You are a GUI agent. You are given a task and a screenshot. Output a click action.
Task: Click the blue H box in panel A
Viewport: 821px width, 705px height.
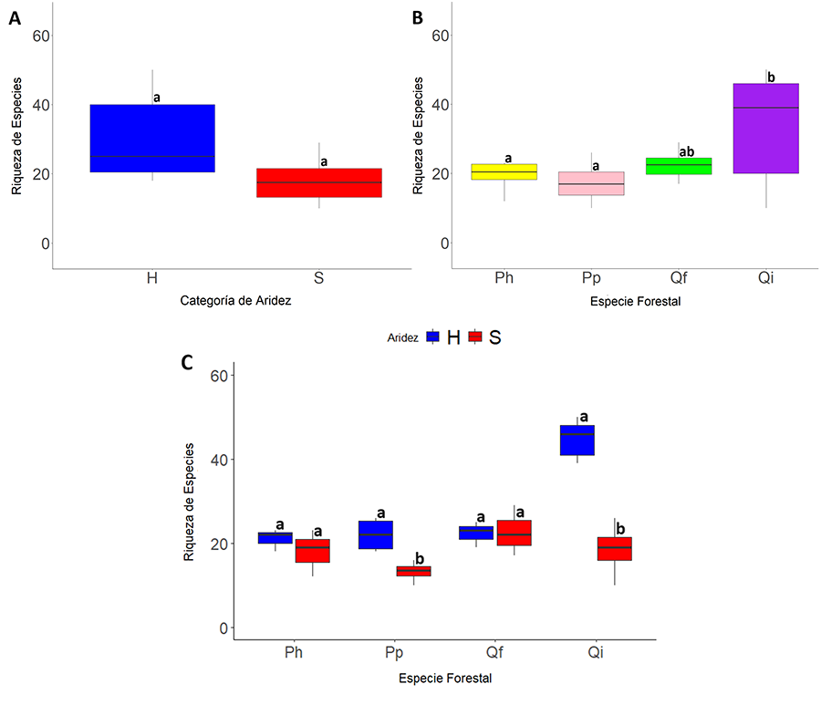coord(151,138)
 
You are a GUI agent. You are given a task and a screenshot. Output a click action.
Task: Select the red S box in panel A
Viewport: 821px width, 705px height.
coord(319,182)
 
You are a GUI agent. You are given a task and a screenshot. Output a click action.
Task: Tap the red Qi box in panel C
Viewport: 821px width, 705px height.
coord(615,548)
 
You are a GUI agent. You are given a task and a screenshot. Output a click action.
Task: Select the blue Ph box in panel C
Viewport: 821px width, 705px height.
coord(275,537)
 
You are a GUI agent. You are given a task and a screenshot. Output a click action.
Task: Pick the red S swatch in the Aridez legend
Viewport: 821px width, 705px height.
coord(474,337)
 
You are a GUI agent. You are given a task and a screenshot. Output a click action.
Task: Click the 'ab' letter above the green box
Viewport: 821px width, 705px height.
coord(687,152)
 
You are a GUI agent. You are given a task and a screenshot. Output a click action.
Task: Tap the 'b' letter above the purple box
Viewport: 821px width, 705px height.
coord(771,78)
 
